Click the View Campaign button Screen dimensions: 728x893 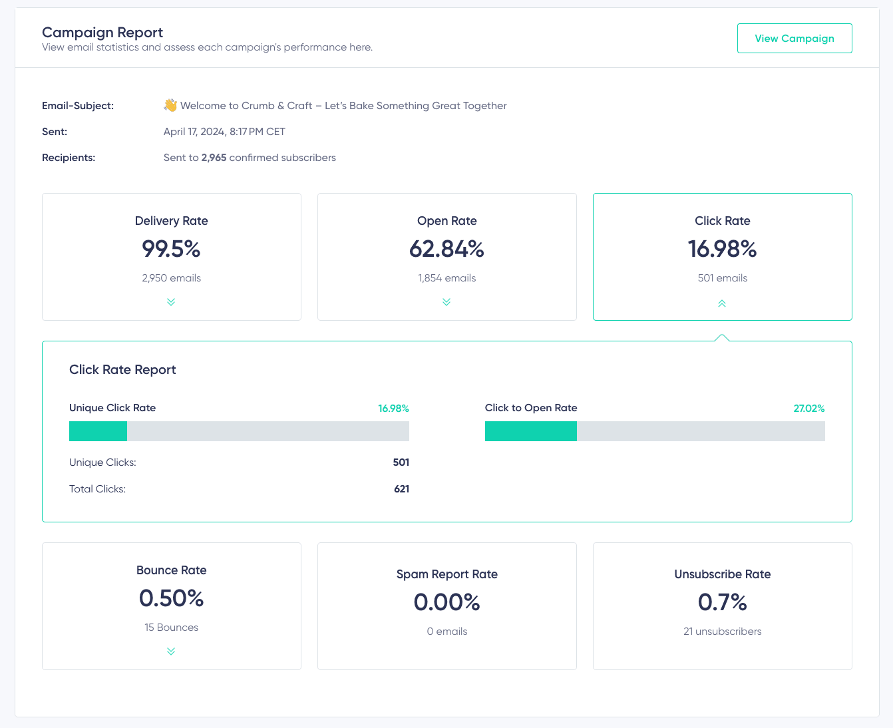coord(794,39)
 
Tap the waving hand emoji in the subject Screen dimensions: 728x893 coord(170,105)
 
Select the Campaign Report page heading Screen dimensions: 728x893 coord(102,33)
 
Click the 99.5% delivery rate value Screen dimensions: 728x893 coord(171,249)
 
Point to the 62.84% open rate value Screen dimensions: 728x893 coord(446,249)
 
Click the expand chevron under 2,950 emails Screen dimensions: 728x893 coord(171,302)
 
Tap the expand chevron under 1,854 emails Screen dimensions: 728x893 coord(446,302)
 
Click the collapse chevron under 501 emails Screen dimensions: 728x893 coord(722,303)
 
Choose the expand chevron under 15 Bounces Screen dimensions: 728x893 coord(171,651)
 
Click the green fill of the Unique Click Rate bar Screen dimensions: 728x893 coord(98,431)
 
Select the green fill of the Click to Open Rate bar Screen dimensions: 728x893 coord(530,431)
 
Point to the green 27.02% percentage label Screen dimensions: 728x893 coord(808,409)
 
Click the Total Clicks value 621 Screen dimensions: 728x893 coord(401,489)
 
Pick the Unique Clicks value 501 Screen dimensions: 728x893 coord(401,462)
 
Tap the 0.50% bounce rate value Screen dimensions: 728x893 coord(171,598)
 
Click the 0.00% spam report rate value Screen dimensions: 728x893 coord(446,602)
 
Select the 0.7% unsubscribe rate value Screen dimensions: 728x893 coord(722,602)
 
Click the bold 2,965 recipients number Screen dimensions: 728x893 coord(214,158)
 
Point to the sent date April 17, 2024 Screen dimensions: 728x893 coord(194,132)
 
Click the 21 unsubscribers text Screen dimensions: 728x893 coord(722,632)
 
